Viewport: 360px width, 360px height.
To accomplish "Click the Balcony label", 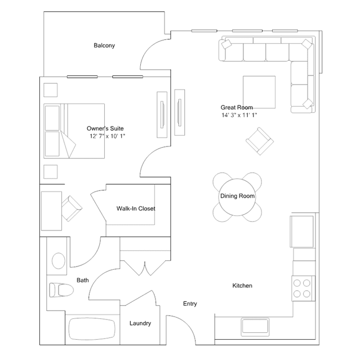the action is point(104,46).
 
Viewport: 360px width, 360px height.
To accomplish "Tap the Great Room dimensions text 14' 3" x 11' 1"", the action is point(239,115).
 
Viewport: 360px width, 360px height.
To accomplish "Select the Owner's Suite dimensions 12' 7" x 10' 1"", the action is point(107,136).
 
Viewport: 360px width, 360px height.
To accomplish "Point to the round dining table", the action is point(237,197).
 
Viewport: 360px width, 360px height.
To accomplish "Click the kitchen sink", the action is point(255,327).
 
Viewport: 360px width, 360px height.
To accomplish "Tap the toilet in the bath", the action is point(61,290).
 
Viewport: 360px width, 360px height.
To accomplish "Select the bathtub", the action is point(92,329).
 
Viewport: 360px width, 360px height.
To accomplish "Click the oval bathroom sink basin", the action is point(59,261).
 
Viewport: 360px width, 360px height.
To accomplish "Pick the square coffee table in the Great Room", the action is point(259,92).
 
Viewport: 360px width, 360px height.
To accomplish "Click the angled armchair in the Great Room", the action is point(260,141).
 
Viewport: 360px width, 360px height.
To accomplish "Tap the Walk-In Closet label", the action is point(136,208).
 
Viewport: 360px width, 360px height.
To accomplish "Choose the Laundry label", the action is point(140,323).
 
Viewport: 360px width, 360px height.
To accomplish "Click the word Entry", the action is point(190,304).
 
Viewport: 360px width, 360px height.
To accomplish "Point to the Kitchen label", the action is point(242,286).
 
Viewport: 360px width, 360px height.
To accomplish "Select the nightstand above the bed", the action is point(51,90).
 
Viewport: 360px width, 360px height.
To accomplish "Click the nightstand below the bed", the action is point(51,172).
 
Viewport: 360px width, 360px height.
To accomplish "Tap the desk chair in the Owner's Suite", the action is point(72,208).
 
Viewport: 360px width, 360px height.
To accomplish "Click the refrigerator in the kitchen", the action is point(302,232).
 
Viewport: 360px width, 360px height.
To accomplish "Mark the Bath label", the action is point(83,280).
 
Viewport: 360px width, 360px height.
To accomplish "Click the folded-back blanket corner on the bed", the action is point(68,145).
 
